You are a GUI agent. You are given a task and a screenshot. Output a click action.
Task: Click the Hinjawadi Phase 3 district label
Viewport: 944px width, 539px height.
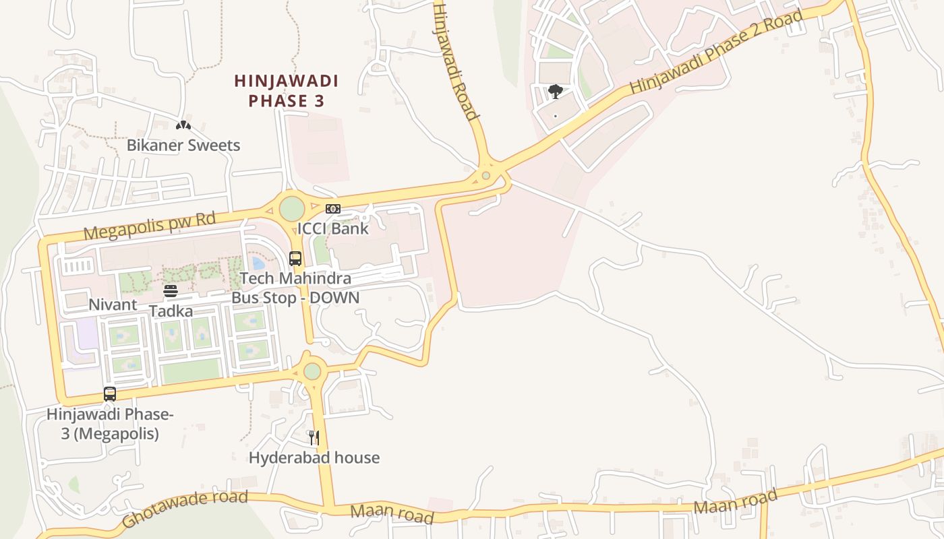click(286, 91)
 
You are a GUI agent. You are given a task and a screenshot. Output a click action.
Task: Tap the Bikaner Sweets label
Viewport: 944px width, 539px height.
click(183, 145)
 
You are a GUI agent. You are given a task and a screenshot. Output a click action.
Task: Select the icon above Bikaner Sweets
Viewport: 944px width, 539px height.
click(183, 125)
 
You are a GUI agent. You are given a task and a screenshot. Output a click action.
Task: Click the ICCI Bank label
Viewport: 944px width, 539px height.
click(333, 228)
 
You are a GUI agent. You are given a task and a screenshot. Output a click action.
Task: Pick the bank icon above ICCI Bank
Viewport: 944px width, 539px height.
click(333, 209)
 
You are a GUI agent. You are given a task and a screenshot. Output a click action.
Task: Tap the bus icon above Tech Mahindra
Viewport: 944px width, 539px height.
click(295, 258)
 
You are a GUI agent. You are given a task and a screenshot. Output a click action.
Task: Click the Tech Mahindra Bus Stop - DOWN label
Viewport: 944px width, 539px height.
click(295, 288)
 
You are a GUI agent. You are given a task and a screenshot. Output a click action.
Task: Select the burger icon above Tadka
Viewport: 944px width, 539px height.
click(171, 291)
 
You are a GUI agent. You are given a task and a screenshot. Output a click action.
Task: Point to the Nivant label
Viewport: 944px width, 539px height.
click(113, 305)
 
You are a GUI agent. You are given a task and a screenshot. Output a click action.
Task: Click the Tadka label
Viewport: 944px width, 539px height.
click(171, 311)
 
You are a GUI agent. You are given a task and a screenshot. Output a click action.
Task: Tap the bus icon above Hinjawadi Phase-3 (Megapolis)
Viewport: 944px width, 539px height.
click(110, 394)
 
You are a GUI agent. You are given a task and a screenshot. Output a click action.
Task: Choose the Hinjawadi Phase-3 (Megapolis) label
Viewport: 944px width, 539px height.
click(110, 424)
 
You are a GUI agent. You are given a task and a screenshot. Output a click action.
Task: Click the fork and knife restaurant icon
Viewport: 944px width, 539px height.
click(314, 438)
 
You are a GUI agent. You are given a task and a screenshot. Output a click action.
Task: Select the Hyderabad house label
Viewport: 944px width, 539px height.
click(314, 457)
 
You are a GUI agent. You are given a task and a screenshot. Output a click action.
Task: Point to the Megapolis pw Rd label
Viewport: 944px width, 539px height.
click(150, 226)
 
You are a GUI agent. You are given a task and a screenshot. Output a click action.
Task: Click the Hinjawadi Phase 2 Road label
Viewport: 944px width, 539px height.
click(717, 53)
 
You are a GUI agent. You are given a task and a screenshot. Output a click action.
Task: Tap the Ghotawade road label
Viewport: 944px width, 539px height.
click(185, 509)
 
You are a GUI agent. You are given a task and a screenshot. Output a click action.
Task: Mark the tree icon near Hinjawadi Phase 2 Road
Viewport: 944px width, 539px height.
click(556, 91)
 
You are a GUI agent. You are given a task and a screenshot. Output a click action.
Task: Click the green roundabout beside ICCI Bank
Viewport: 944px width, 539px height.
click(292, 208)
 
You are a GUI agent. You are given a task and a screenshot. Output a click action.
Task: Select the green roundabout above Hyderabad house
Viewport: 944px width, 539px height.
click(312, 371)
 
